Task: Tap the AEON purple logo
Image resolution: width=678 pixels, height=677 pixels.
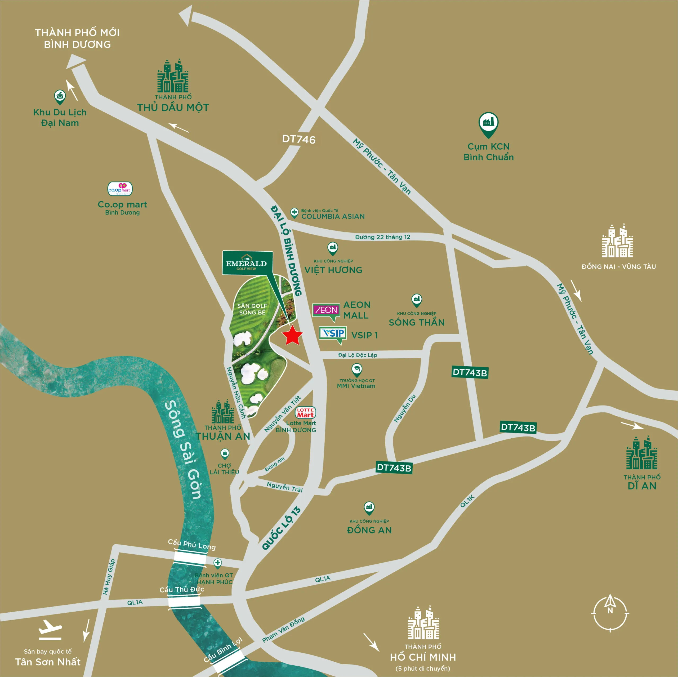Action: pos(326,310)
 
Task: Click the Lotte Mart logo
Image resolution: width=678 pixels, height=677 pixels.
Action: pos(305,412)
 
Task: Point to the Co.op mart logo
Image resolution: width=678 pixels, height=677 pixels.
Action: pos(120,189)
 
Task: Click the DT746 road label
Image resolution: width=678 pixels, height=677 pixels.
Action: pos(299,139)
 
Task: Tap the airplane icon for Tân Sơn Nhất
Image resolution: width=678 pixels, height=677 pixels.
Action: pos(50,630)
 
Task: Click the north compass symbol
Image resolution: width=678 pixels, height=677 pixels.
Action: pos(610,613)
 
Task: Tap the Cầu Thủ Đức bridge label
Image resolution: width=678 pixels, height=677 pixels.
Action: pos(181,590)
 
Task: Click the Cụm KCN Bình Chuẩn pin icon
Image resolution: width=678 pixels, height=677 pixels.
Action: pos(488,123)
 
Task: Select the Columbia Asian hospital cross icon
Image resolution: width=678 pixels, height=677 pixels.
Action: pos(294,212)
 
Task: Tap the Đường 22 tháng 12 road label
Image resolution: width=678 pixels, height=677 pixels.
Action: pos(382,237)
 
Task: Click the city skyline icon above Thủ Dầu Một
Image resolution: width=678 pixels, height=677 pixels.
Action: pos(173,76)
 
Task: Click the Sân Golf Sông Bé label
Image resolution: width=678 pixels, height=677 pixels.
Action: pos(252,309)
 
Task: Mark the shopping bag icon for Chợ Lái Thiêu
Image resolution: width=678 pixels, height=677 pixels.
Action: pos(225,453)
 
